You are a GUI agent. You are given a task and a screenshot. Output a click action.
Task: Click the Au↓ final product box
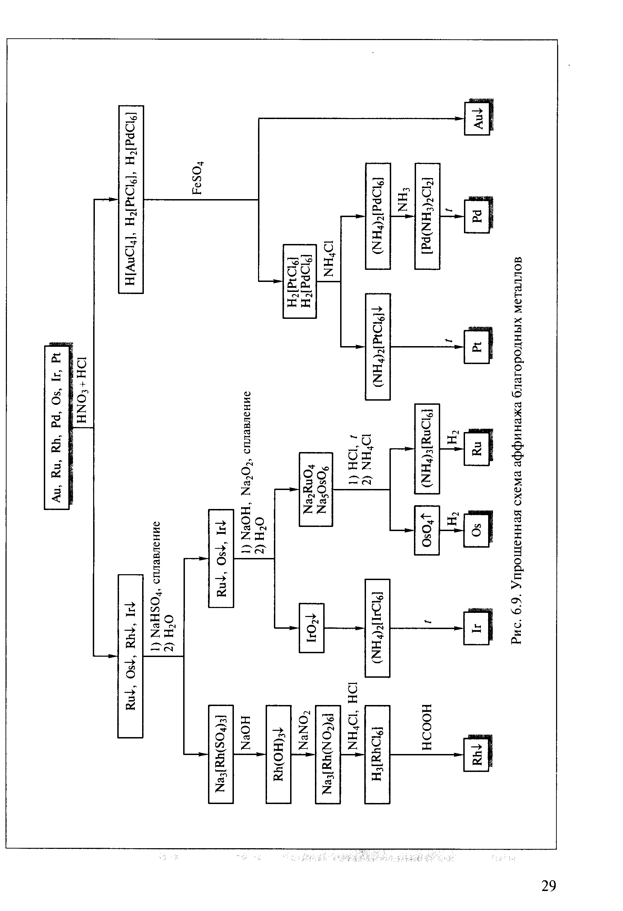pos(477,118)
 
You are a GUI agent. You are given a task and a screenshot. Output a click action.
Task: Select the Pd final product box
pos(477,216)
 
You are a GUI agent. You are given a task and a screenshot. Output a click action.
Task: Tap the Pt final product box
pos(477,347)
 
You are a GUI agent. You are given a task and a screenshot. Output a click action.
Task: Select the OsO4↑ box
pos(427,530)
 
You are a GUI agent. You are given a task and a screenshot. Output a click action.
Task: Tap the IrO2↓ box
pos(312,628)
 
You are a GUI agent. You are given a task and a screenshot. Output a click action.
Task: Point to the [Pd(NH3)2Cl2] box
pos(427,216)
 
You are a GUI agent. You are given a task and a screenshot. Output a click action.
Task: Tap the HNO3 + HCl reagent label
pos(82,390)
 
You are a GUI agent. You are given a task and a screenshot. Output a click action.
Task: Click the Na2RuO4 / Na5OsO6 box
pos(316,489)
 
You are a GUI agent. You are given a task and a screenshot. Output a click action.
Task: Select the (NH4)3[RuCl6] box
pos(427,449)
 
